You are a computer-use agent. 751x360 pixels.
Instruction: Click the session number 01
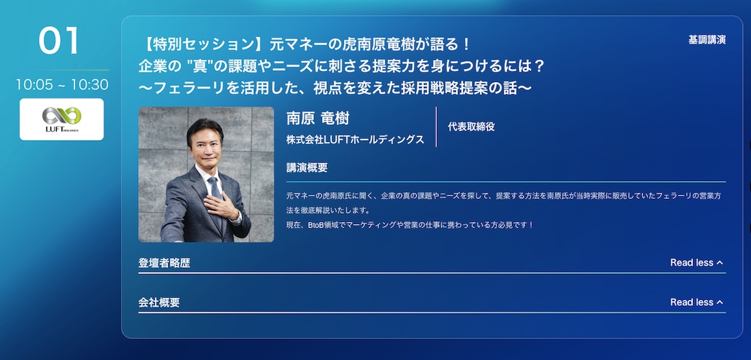[59, 40]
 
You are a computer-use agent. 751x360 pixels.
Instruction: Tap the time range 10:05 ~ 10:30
[61, 85]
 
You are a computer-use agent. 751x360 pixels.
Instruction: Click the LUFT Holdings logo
[61, 120]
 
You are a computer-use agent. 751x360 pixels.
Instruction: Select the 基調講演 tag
[707, 40]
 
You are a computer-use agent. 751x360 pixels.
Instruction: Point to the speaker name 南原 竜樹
[317, 118]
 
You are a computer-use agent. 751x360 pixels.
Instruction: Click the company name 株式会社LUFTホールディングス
[356, 139]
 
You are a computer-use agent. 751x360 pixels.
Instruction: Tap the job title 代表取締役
[471, 126]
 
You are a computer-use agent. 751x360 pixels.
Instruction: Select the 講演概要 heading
[307, 168]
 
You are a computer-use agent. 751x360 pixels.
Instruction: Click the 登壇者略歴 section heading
[165, 263]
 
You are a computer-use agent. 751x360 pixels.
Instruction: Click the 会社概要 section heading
[159, 303]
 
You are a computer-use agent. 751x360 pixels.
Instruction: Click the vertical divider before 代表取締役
[436, 126]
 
